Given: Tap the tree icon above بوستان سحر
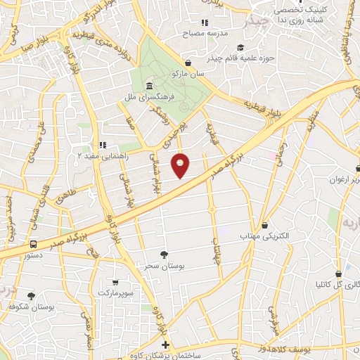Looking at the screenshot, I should (165, 254).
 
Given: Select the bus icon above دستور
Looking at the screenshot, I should (34, 244).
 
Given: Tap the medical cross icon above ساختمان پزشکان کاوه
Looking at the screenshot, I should (165, 345).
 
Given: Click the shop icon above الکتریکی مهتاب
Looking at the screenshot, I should (264, 225).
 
